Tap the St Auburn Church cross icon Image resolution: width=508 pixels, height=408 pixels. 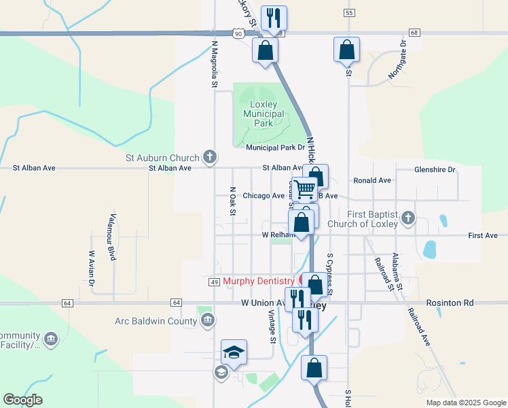click(210, 157)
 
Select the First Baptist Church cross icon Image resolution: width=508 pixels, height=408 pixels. click(407, 218)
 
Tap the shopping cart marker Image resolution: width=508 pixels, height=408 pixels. click(306, 188)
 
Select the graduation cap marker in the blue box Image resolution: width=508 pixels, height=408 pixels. click(234, 352)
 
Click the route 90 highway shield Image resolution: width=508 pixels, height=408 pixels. click(236, 33)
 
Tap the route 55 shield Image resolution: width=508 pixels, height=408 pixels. click(349, 13)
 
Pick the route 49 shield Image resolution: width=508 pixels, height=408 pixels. click(213, 282)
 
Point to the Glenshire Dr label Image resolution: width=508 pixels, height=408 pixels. click(435, 170)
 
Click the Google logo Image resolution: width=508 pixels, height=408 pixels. click(22, 400)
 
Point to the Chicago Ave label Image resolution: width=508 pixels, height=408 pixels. click(264, 195)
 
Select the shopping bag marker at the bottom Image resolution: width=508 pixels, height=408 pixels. click(314, 368)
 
